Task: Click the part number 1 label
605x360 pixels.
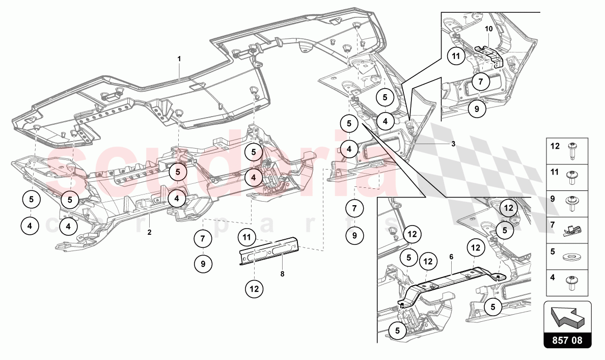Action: click(179, 59)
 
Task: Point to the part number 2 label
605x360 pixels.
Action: click(149, 232)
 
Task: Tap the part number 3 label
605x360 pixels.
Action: click(453, 144)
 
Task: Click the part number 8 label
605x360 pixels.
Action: click(282, 273)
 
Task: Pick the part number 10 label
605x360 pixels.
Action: click(489, 29)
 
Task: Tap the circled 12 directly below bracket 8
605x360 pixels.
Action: click(254, 289)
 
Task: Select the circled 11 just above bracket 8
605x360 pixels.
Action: click(247, 237)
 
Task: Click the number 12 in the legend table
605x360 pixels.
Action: click(556, 146)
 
